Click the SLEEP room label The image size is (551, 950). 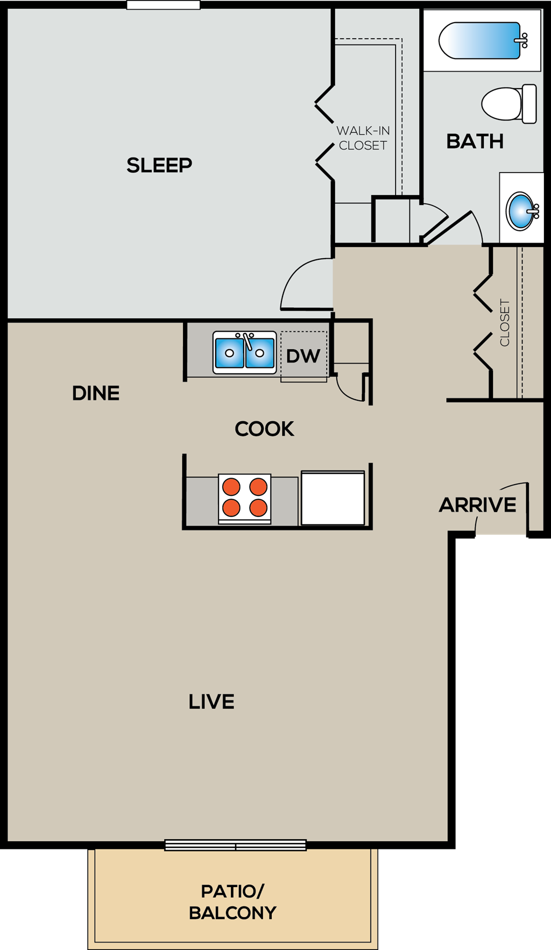pyautogui.click(x=159, y=165)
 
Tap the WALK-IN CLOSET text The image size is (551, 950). pyautogui.click(x=363, y=138)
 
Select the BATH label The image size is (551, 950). pyautogui.click(x=475, y=141)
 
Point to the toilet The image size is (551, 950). pyautogui.click(x=508, y=104)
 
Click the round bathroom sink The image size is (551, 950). pyautogui.click(x=521, y=211)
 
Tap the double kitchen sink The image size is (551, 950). pyautogui.click(x=245, y=353)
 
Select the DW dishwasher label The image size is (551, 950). pyautogui.click(x=303, y=356)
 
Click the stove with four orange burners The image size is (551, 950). pyautogui.click(x=245, y=498)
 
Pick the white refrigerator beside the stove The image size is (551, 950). pyautogui.click(x=333, y=498)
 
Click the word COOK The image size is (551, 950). pyautogui.click(x=264, y=429)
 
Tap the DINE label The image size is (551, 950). pyautogui.click(x=96, y=393)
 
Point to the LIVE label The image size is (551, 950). pyautogui.click(x=211, y=701)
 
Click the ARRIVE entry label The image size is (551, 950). pyautogui.click(x=477, y=505)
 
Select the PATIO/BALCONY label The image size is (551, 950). pyautogui.click(x=232, y=902)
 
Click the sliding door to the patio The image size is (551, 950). pyautogui.click(x=235, y=845)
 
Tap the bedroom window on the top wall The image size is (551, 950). pyautogui.click(x=163, y=5)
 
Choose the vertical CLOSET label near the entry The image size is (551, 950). pyautogui.click(x=505, y=323)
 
